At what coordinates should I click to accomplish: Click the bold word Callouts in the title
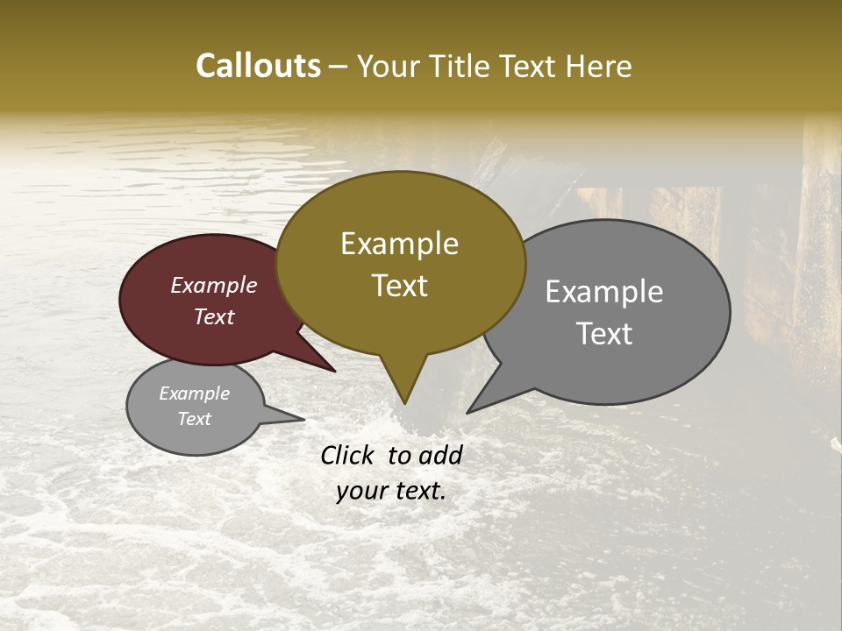tap(258, 66)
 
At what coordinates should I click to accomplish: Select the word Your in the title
tap(387, 66)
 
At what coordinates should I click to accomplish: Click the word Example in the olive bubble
tap(399, 244)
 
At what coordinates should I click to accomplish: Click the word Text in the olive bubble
tap(400, 286)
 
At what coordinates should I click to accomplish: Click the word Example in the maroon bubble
tap(214, 285)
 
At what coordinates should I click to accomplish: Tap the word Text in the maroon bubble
tap(214, 316)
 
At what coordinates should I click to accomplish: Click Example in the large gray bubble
tap(604, 292)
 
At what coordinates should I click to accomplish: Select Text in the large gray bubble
tap(605, 334)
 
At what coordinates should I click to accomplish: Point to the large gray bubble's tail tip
tap(468, 412)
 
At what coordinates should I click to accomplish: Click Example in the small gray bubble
tap(194, 393)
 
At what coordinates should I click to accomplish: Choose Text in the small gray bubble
tap(194, 419)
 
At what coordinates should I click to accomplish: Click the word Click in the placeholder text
tap(348, 455)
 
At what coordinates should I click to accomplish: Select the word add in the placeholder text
tap(441, 455)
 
